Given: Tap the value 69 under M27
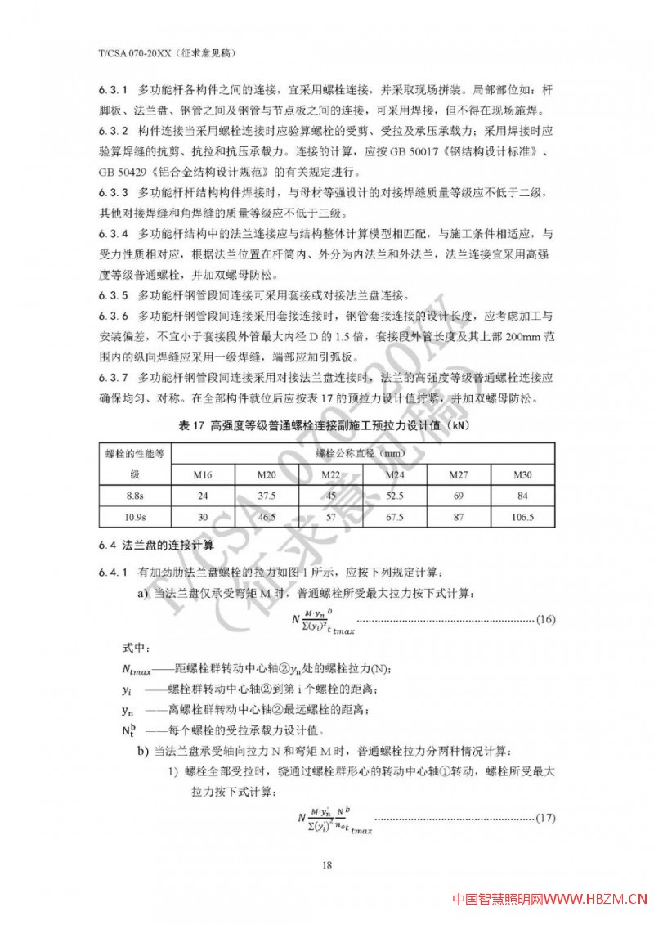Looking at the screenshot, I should [x=459, y=496].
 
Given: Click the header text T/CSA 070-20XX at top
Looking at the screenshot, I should [x=131, y=52].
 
